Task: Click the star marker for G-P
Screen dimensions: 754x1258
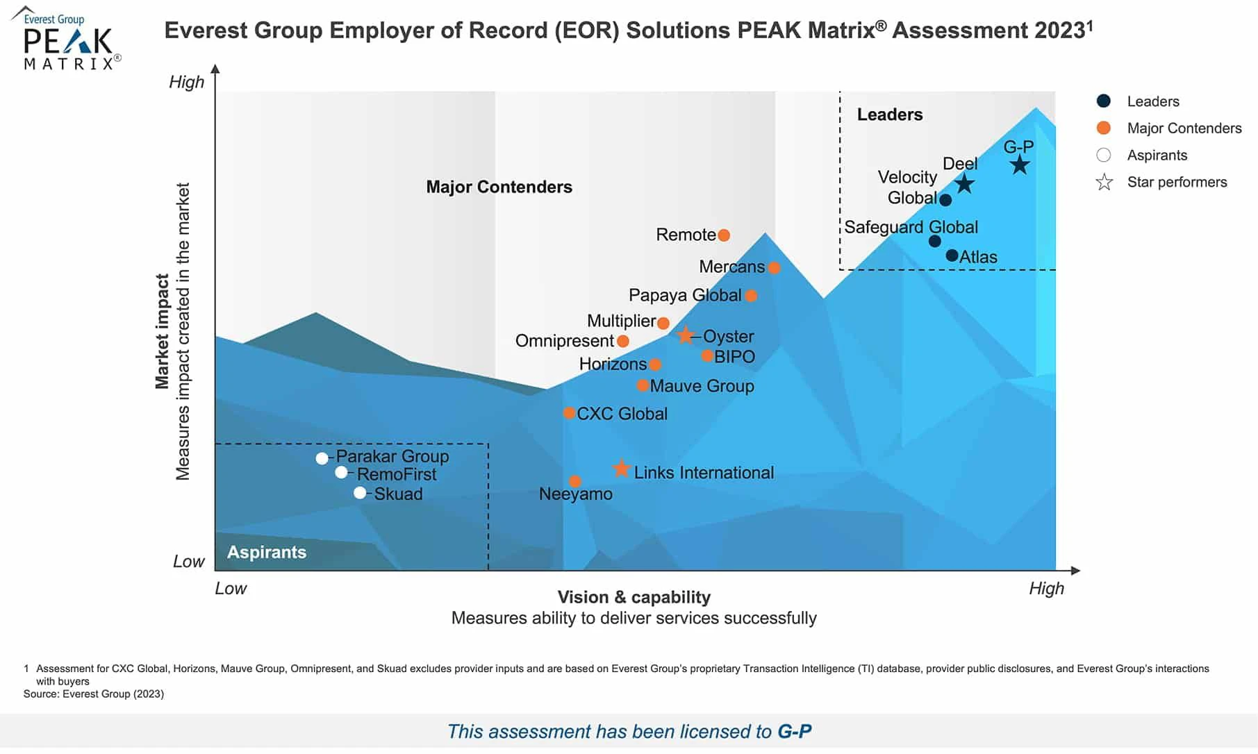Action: [x=1019, y=165]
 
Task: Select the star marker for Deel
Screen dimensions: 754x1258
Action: [x=963, y=184]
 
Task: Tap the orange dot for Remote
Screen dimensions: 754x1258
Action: [x=724, y=235]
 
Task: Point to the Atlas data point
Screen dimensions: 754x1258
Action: [x=952, y=255]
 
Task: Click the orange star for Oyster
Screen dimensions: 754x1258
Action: [x=686, y=335]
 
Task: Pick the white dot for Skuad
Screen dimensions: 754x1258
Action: [x=360, y=493]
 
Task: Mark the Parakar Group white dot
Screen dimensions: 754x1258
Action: [x=322, y=458]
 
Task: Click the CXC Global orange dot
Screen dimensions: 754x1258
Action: [x=569, y=413]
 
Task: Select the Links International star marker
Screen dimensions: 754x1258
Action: [x=621, y=469]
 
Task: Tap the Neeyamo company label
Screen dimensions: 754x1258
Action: [x=576, y=494]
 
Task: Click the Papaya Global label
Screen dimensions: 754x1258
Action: [x=684, y=295]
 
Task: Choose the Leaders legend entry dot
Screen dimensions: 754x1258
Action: [x=1103, y=101]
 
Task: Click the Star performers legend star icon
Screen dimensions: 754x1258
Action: [x=1104, y=183]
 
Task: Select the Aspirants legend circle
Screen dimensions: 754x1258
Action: [x=1103, y=155]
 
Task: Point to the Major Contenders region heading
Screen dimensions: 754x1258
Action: [x=499, y=187]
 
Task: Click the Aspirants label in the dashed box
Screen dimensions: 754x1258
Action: [x=267, y=552]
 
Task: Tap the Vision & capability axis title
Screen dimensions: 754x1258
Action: [x=634, y=597]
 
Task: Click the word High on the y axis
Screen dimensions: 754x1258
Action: [x=187, y=82]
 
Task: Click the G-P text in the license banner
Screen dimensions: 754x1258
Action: [x=794, y=731]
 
